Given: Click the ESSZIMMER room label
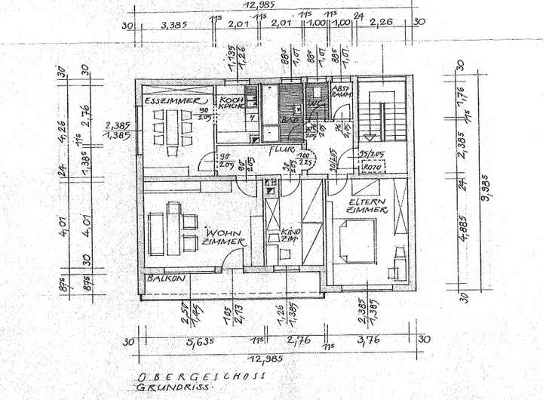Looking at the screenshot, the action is point(173,100).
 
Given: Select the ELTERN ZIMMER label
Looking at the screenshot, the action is point(367,205).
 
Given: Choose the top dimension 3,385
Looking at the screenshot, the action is point(174,23).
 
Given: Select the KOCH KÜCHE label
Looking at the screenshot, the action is point(229,104).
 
